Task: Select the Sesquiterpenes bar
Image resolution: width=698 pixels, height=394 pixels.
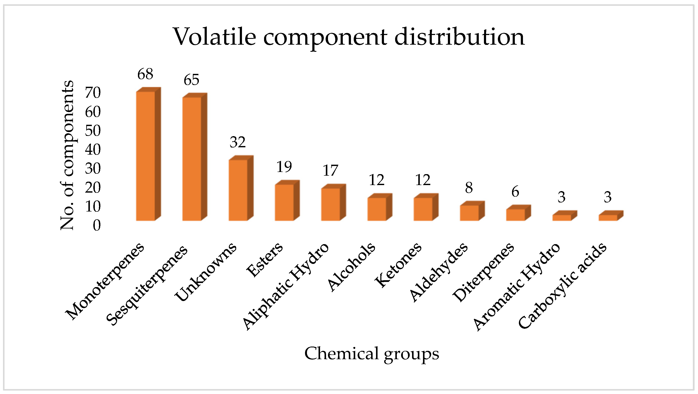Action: click(192, 159)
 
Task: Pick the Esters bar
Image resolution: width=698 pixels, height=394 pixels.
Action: click(284, 202)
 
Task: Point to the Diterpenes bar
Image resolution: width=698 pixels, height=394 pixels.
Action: click(515, 215)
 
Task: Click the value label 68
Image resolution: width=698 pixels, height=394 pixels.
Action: click(145, 74)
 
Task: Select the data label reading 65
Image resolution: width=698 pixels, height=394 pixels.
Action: click(191, 80)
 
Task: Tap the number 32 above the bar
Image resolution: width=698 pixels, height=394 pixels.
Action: click(238, 142)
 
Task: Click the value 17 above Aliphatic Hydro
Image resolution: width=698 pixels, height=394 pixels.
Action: click(330, 170)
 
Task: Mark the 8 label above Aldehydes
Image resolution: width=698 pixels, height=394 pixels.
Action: click(469, 188)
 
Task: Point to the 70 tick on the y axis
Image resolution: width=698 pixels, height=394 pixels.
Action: click(93, 93)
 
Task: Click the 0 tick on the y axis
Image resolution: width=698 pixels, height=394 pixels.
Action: click(97, 225)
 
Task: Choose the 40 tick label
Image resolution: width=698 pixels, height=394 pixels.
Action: click(93, 150)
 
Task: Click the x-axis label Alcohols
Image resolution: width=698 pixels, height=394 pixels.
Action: click(352, 267)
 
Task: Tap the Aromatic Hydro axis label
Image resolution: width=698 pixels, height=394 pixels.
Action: click(517, 287)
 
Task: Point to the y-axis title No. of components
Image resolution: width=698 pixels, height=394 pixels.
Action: click(67, 155)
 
